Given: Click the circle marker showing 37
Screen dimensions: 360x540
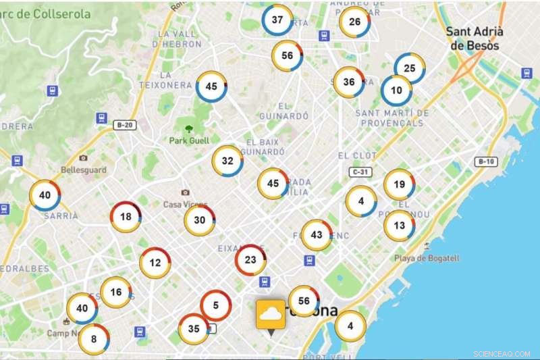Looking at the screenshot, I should coord(277,20).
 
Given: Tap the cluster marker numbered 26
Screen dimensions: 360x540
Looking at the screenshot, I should coord(355,22).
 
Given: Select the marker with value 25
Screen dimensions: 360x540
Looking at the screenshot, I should coord(409,68).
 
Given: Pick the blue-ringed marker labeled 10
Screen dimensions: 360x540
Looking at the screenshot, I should coord(396,91).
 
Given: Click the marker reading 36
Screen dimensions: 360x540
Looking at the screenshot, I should coord(349,82).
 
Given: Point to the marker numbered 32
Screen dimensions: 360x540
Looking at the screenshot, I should coord(227,161).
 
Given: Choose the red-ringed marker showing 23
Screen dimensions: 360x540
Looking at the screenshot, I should coord(250,259).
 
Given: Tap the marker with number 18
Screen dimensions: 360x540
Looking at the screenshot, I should coord(126,217).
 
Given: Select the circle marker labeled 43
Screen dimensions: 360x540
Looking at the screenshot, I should coord(317,235).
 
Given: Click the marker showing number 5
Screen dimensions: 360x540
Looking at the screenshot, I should coord(216,305).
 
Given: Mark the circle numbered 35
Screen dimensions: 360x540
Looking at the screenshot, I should coord(194,329).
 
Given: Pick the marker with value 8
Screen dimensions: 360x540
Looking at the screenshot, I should coord(94,339).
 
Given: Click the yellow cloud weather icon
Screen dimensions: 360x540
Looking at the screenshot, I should coord(271,315).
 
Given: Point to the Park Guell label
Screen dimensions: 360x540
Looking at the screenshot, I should coord(188,140).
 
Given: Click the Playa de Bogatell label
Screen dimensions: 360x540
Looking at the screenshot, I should coord(427,258).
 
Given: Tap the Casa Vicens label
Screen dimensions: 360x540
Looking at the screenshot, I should coord(184,204).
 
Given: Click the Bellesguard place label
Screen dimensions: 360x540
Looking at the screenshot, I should coord(84,170).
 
